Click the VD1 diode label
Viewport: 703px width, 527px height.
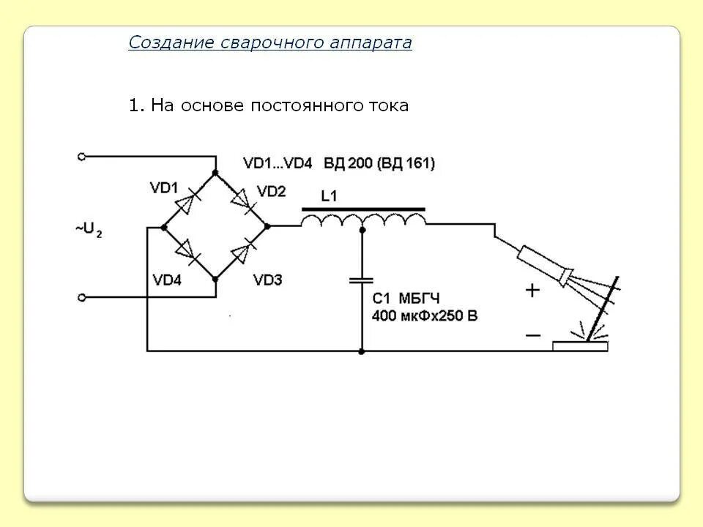coord(164,187)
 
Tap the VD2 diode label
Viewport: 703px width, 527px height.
coord(272,191)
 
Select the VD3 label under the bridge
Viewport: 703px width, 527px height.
coord(267,280)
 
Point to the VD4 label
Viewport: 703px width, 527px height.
coord(167,280)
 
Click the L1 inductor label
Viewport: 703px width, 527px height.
coord(330,195)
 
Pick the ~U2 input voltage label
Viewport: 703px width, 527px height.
coord(88,230)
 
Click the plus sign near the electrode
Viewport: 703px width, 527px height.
coord(532,291)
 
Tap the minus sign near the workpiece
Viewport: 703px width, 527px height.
coord(532,335)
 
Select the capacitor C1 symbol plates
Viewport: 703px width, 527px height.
coord(361,280)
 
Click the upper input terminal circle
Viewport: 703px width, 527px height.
coord(82,156)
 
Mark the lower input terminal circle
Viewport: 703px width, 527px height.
coord(82,297)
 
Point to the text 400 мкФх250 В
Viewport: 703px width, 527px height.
coord(425,316)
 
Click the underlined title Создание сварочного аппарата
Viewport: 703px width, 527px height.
coord(270,42)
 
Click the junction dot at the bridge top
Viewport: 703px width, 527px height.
coord(215,172)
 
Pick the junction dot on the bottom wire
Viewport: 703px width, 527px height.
coord(362,351)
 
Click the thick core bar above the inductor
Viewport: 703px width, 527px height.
coord(363,208)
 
